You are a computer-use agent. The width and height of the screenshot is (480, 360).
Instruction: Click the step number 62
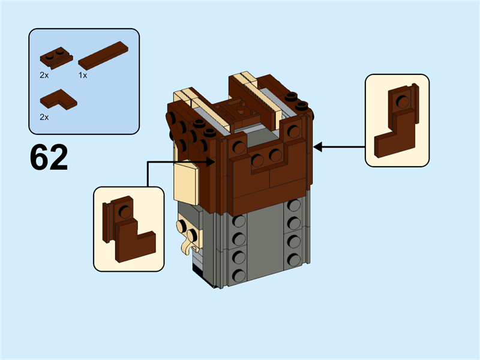point(49,157)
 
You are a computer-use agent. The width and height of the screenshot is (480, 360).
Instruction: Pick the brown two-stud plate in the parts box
point(56,58)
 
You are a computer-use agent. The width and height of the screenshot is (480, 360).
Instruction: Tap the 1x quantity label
point(83,76)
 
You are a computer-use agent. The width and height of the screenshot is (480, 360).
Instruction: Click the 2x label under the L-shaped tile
point(44,117)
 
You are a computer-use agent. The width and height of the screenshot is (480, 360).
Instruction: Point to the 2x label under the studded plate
point(44,76)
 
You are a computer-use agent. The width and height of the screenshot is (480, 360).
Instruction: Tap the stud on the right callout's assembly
point(403,101)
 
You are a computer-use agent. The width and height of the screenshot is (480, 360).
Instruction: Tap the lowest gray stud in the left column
point(239,275)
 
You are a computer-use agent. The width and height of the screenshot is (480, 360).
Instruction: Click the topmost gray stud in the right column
point(293,206)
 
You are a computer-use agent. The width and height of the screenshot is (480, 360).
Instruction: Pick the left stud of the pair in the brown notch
point(259,160)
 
